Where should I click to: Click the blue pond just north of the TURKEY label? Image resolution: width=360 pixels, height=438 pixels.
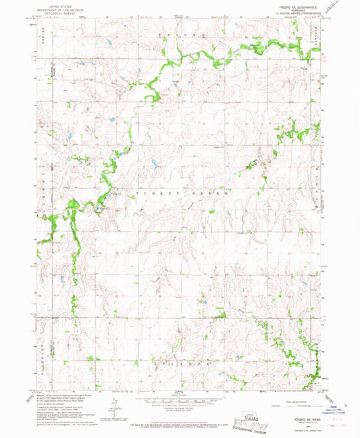(153, 164)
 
